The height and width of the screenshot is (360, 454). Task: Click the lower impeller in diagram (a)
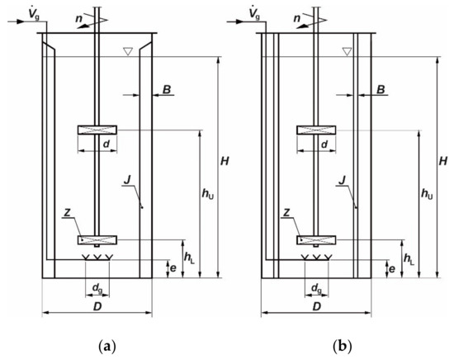pyautogui.click(x=97, y=240)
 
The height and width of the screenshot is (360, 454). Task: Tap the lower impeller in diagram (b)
pyautogui.click(x=315, y=240)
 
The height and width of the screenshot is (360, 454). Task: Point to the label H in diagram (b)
pyautogui.click(x=443, y=159)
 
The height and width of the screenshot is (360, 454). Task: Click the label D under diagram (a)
pyautogui.click(x=97, y=306)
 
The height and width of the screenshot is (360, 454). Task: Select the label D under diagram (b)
pyautogui.click(x=315, y=306)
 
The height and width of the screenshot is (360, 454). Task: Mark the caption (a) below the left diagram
pyautogui.click(x=97, y=344)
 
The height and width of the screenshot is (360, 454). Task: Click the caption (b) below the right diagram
pyautogui.click(x=315, y=344)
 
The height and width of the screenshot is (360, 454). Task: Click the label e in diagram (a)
pyautogui.click(x=171, y=268)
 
